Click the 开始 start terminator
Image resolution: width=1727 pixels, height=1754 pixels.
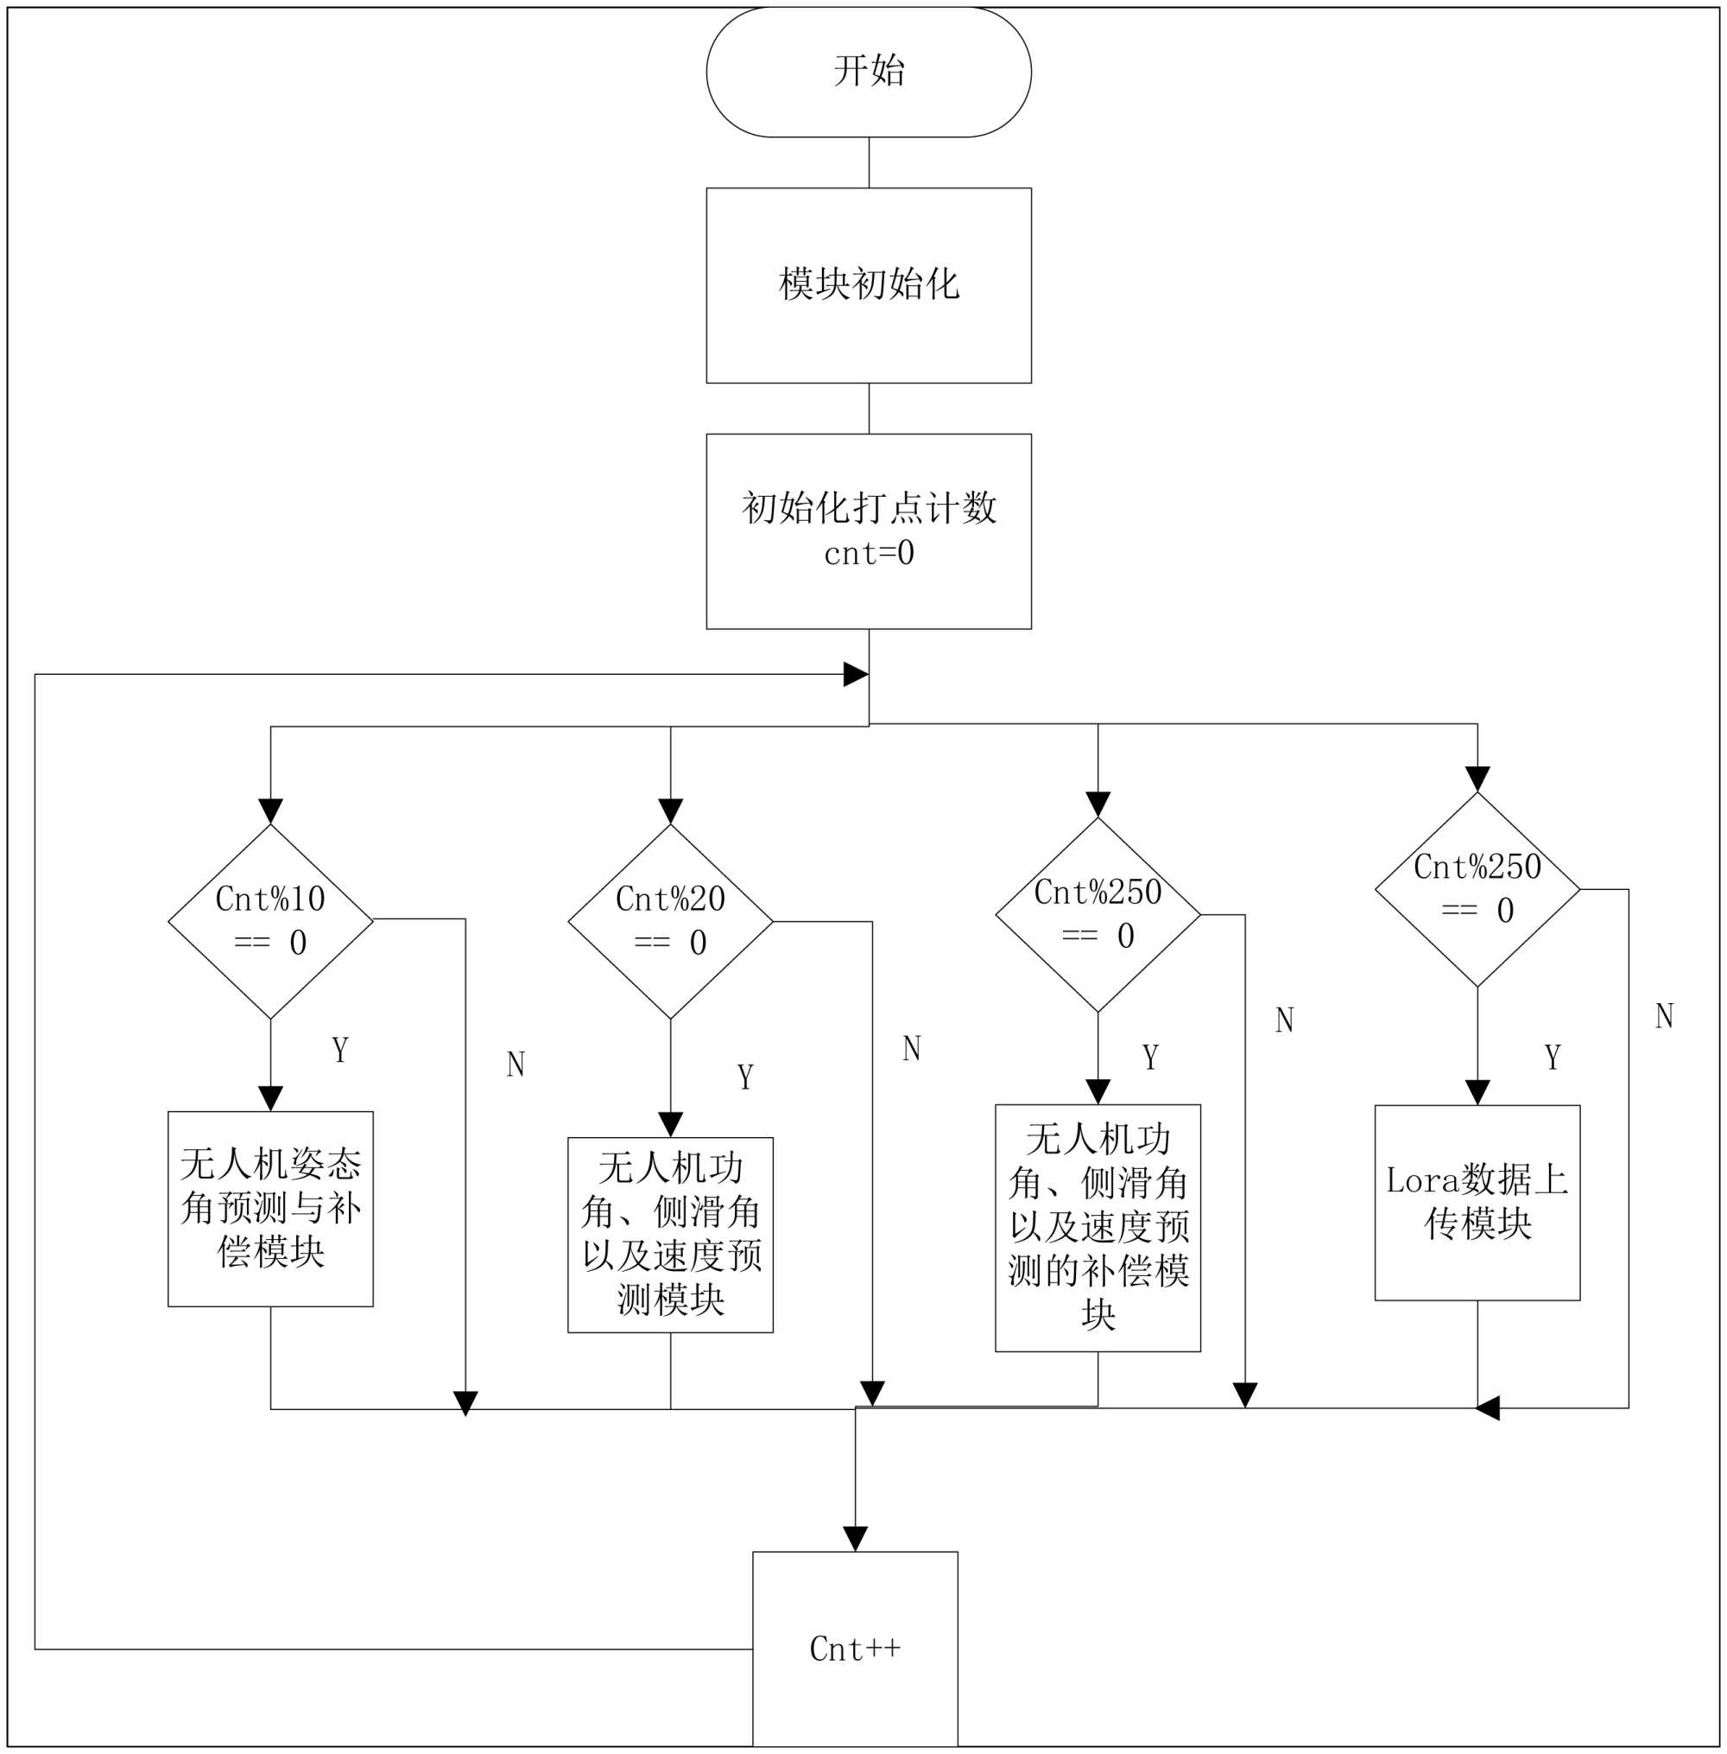click(x=869, y=72)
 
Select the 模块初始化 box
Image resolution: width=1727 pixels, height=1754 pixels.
click(x=869, y=285)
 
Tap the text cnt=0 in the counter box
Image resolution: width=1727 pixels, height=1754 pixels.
click(x=869, y=553)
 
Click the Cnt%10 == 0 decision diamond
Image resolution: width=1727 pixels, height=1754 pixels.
click(x=270, y=921)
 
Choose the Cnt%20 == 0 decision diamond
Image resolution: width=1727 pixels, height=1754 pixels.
click(x=670, y=921)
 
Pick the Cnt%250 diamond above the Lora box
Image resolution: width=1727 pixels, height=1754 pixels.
click(x=1477, y=889)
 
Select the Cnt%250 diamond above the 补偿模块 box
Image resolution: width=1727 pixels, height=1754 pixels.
click(x=1098, y=915)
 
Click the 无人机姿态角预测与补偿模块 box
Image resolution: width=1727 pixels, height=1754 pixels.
click(x=270, y=1209)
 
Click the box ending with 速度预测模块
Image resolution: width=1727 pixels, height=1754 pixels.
click(x=670, y=1235)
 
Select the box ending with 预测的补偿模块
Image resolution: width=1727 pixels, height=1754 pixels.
click(x=1098, y=1228)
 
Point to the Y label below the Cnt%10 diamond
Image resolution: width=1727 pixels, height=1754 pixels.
click(x=340, y=1050)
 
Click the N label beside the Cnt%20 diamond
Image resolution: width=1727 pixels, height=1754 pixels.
click(x=912, y=1048)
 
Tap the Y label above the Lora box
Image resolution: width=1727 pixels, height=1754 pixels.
click(x=1552, y=1057)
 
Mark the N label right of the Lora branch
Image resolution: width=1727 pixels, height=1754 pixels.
click(x=1663, y=1015)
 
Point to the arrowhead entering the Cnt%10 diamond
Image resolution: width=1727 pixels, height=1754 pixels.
click(x=270, y=811)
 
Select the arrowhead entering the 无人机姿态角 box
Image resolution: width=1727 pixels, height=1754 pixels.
click(x=270, y=1099)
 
